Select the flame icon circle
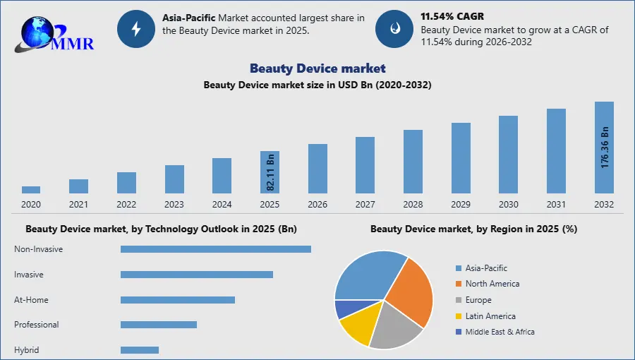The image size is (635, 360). (x=394, y=29)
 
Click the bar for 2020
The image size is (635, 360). (x=31, y=189)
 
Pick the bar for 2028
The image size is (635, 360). (x=413, y=161)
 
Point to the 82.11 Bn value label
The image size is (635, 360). (x=270, y=170)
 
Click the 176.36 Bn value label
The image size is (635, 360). (x=605, y=147)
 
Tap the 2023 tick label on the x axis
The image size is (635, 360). (x=174, y=205)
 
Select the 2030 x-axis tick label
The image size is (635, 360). (x=508, y=205)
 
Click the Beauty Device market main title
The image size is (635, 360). (x=317, y=68)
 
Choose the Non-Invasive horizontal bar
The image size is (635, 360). (x=216, y=249)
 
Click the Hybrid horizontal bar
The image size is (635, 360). (x=140, y=350)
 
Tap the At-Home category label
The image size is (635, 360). (x=32, y=300)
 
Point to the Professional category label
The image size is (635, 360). (x=37, y=325)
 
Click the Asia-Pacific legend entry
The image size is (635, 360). (x=486, y=268)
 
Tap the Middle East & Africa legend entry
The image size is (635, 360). (x=500, y=332)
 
